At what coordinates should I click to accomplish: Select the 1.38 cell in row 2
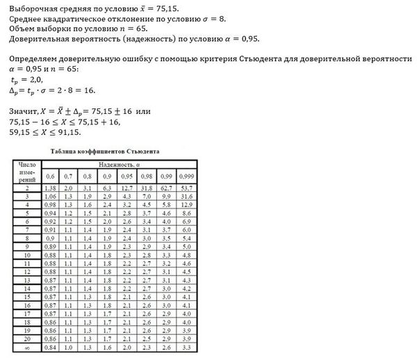coord(50,188)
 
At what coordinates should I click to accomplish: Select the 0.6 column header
coord(50,177)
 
